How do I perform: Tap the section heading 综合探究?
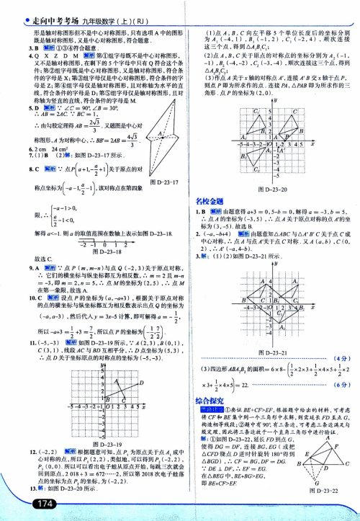[209, 400]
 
